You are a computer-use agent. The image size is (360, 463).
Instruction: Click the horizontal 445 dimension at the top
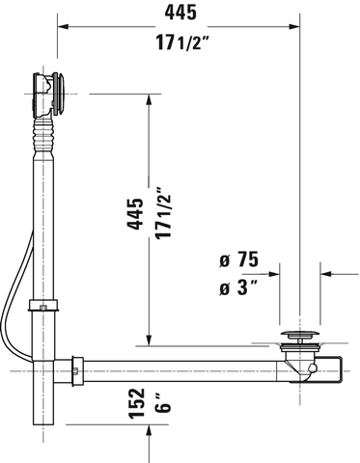(x=179, y=13)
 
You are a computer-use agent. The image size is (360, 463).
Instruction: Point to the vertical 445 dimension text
(x=135, y=215)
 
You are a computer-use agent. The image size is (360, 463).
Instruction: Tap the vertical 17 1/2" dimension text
(x=164, y=215)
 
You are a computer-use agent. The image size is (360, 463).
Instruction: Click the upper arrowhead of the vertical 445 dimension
(x=150, y=99)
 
